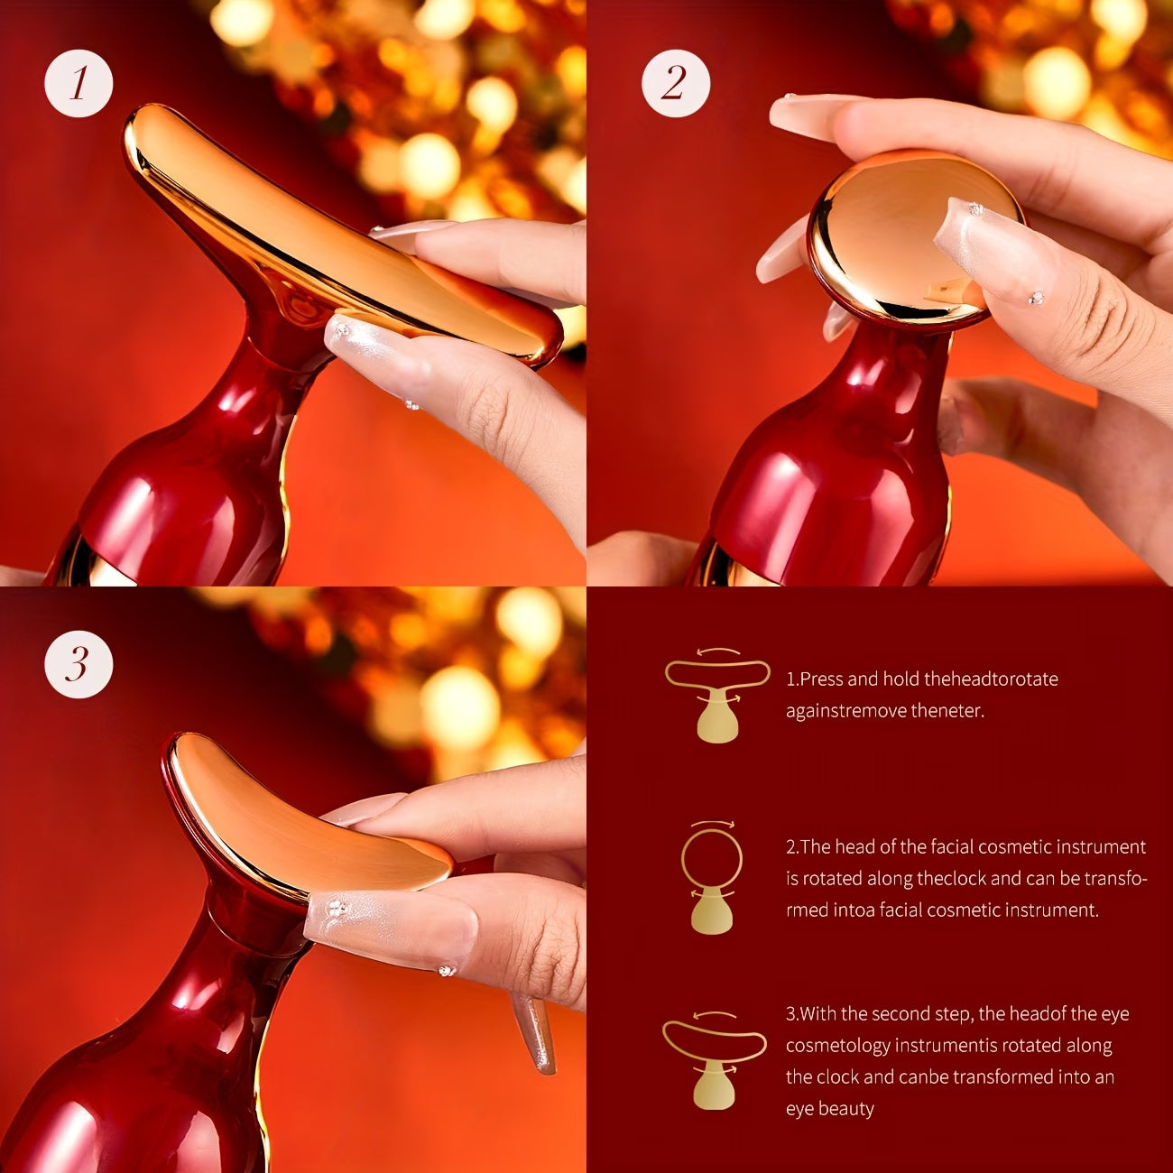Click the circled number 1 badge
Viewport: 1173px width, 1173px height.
pos(79,83)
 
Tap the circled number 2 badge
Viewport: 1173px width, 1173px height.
pos(676,83)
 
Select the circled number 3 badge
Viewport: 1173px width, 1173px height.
pos(79,663)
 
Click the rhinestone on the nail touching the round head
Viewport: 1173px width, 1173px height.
pos(975,209)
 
